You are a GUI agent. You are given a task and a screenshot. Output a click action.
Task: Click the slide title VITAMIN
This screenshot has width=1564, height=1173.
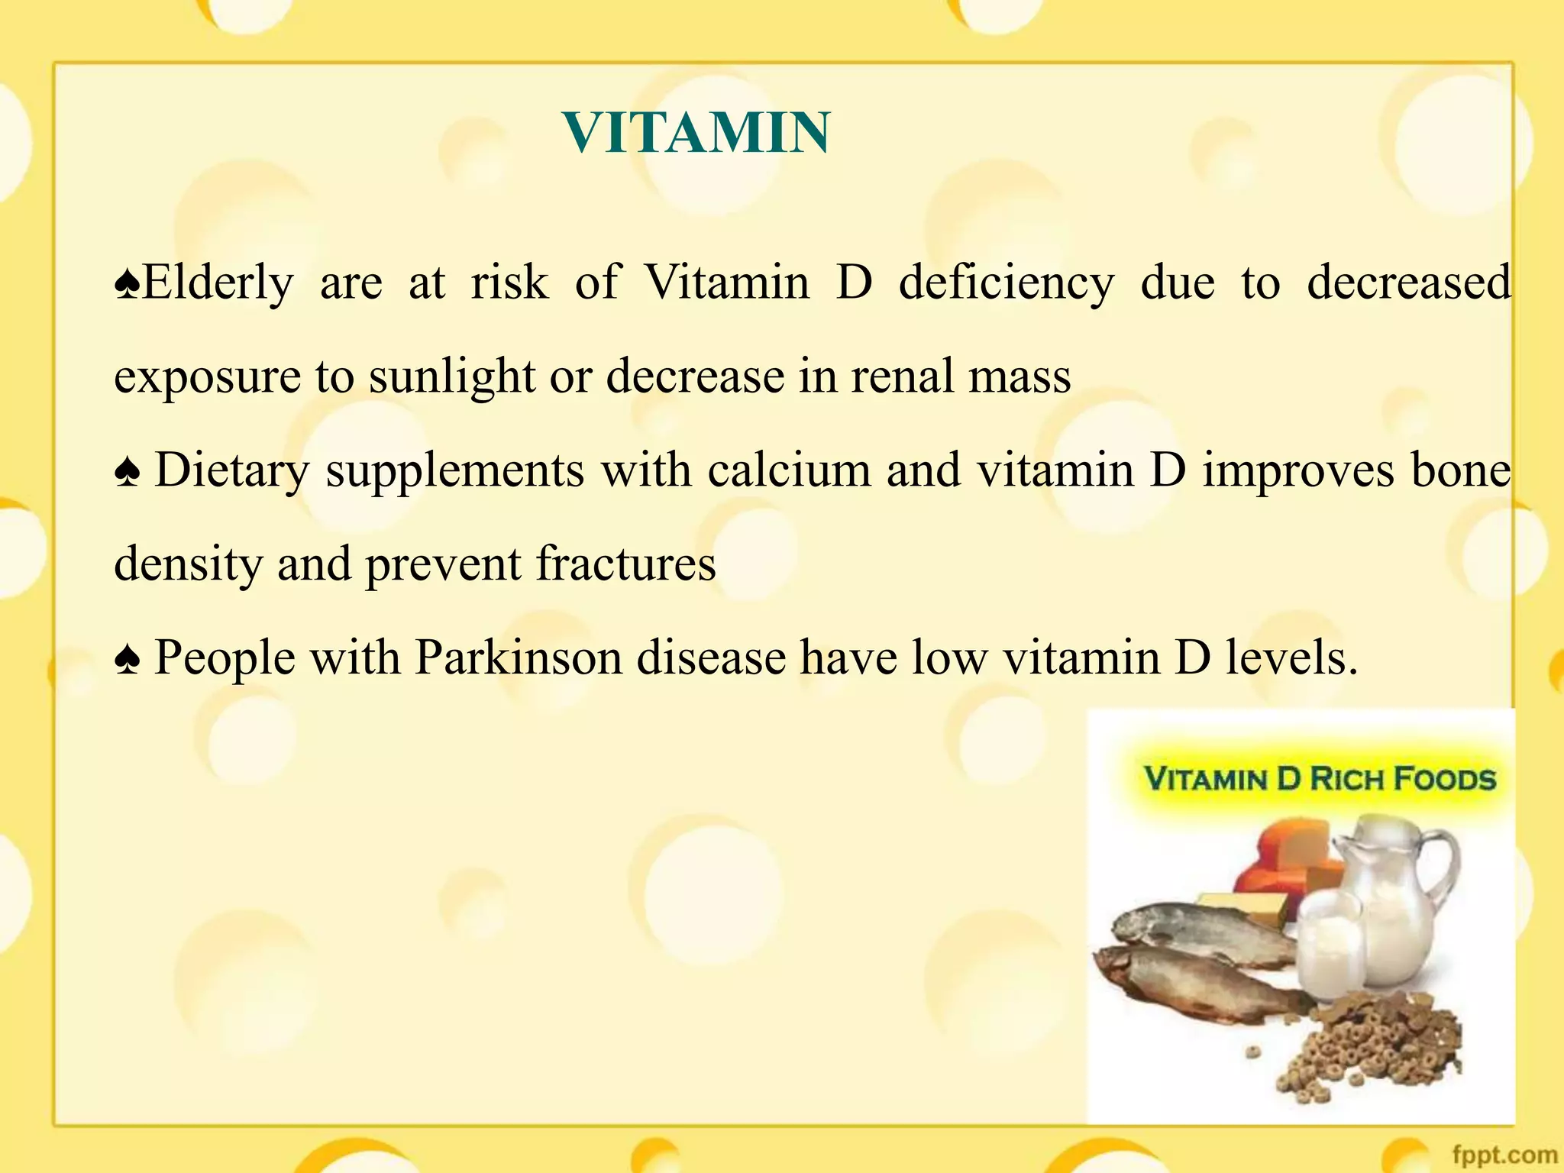coord(696,133)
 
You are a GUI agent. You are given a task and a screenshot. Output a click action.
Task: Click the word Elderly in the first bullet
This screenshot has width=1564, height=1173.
coord(218,283)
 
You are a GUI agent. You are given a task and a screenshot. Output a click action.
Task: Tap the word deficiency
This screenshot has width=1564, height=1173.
coord(1006,283)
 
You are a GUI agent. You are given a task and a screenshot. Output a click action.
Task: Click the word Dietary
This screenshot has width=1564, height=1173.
coord(232,470)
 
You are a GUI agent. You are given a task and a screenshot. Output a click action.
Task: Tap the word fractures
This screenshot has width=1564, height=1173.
coord(625,564)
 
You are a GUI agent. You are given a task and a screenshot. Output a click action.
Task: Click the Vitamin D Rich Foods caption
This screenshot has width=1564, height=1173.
coord(1319,779)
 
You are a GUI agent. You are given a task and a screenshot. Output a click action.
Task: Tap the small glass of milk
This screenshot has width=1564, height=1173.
coord(1330,947)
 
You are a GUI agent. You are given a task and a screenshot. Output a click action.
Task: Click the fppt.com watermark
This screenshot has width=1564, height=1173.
coord(1504,1155)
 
